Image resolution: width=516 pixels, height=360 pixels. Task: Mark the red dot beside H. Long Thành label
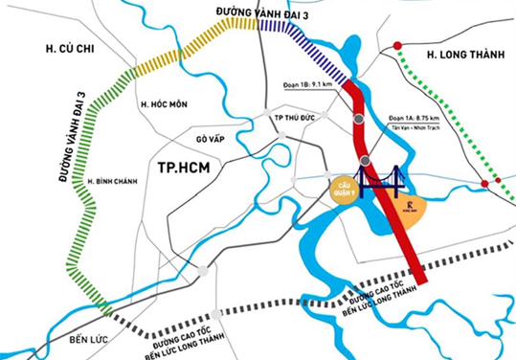(x=396, y=46)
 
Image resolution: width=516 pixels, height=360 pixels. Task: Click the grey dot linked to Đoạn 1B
(x=357, y=120)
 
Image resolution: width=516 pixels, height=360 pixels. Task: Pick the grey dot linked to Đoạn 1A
(x=366, y=160)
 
